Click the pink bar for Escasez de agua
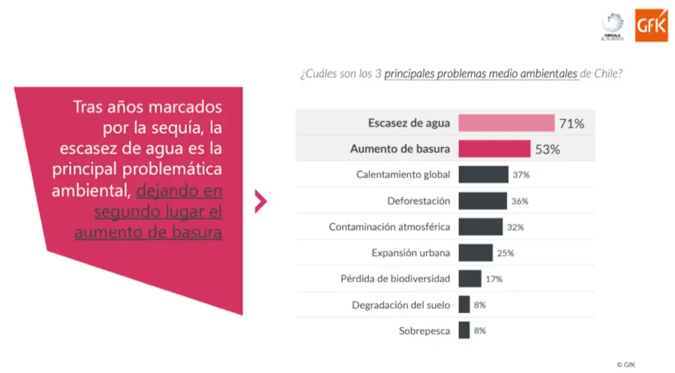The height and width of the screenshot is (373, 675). (506, 123)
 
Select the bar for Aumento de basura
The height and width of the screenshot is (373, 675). (494, 149)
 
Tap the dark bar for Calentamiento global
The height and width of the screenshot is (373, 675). (483, 175)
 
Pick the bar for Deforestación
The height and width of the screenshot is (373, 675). (483, 201)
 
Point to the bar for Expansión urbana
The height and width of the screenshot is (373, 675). (475, 253)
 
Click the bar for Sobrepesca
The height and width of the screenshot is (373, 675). (464, 331)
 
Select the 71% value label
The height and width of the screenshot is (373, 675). (571, 123)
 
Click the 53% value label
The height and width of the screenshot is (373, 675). (547, 150)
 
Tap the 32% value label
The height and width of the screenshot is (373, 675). (515, 227)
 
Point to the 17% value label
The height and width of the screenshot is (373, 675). (494, 279)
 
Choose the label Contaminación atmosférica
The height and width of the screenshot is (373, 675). (389, 227)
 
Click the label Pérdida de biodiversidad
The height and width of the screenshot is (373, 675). (396, 279)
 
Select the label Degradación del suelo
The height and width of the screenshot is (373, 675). (401, 305)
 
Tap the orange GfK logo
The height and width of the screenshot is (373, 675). (651, 25)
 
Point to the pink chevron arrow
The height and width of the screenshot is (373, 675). (261, 202)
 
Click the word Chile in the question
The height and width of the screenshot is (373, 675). (608, 74)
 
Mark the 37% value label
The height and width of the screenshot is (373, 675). (520, 175)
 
